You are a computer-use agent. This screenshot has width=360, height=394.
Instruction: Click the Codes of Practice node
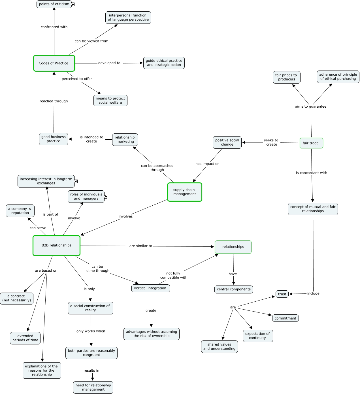coord(54,63)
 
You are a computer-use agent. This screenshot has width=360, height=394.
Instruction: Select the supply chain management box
coord(184,192)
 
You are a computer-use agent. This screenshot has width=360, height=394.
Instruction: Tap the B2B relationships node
coord(56,245)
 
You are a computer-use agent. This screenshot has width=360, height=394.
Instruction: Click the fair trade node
coord(311,143)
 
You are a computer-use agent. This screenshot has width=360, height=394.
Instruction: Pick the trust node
coord(282,294)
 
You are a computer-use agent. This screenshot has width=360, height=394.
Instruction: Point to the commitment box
coord(285,318)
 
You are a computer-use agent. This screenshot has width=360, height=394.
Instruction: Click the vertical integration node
coord(150,288)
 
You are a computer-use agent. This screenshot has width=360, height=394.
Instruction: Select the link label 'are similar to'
coord(140,246)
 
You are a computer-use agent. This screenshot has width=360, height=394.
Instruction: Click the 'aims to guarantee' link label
coord(310,107)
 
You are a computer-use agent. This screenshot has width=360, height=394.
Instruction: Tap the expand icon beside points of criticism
coord(73,5)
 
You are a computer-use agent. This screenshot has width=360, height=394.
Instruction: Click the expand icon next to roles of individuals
coord(106,197)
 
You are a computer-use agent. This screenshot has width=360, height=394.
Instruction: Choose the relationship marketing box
coord(125,139)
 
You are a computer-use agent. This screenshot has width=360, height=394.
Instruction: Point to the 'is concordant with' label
coord(311,173)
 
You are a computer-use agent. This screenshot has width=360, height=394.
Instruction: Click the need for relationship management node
coord(93,387)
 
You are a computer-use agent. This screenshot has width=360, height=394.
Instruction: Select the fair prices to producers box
coord(286,77)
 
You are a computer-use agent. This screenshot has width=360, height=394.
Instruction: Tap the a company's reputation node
coord(20,211)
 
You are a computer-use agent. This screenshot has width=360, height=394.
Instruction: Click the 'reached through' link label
coord(54,101)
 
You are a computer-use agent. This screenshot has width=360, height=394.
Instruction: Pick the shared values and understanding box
coord(219,346)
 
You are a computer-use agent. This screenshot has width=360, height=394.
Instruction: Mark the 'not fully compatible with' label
coord(174,275)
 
